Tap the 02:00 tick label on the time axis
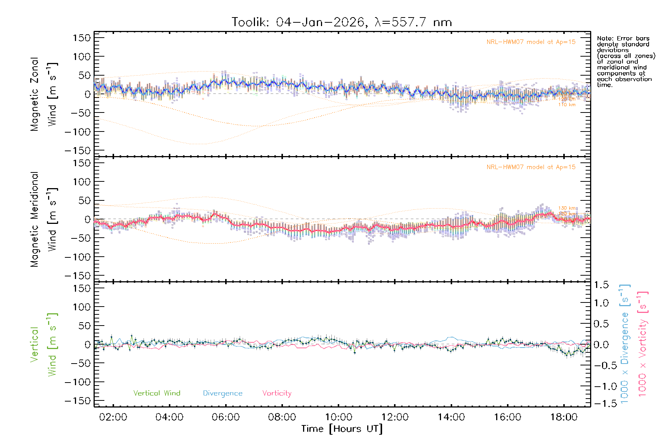pos(113,417)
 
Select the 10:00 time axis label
pos(338,417)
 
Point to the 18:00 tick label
pos(564,417)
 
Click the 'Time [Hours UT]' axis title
pos(342,429)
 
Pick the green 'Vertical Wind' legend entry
pos(157,393)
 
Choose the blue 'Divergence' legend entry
pos(223,393)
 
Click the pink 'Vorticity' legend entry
pos(277,393)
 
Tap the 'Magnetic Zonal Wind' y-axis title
pos(44,94)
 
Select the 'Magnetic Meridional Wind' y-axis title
pos(44,219)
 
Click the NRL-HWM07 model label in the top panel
pos(531,42)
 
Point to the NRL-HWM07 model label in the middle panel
pos(531,167)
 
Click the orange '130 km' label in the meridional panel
pos(567,208)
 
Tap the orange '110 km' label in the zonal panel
pos(567,105)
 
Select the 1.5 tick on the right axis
pos(601,285)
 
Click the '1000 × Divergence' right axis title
pos(624,343)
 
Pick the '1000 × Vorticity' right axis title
pos(643,343)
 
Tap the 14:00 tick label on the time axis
pos(451,417)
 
